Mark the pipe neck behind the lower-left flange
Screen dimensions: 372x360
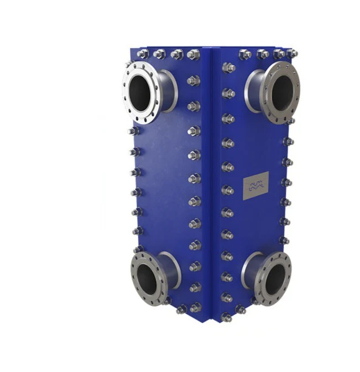tap(172, 271)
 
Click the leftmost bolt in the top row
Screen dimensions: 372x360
tap(142, 54)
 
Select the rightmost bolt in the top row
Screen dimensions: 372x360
tap(292, 53)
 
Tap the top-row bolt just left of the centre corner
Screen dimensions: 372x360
tap(194, 54)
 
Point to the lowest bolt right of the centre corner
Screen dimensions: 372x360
tap(227, 317)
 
